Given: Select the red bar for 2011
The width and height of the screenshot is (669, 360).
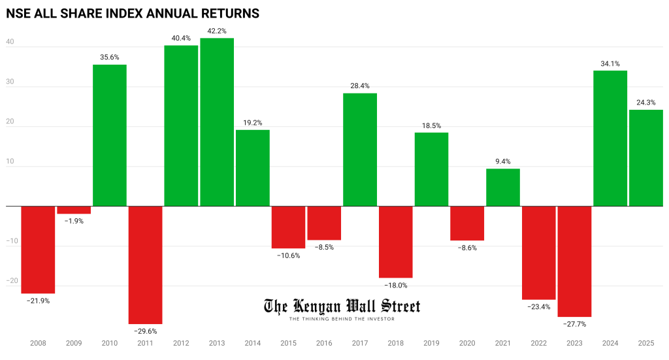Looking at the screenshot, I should [145, 265].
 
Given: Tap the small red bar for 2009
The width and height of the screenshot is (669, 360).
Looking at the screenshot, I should [74, 210].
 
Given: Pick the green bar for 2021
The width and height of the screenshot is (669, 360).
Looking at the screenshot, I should [503, 188].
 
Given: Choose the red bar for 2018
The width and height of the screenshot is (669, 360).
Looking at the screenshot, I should [396, 242].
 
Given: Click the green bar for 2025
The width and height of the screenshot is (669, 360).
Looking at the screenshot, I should [645, 157].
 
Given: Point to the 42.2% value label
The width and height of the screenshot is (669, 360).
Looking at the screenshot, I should [217, 30].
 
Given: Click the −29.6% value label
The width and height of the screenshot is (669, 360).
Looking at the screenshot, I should [145, 331].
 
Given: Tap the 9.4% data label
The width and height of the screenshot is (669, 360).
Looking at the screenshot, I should [503, 161].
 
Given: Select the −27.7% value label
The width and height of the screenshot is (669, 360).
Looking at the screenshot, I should [574, 324].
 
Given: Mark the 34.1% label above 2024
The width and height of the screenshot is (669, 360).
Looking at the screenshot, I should [610, 63].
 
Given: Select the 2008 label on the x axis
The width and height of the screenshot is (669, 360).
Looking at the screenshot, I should [38, 342].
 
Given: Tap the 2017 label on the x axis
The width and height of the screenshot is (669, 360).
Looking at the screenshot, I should [360, 342].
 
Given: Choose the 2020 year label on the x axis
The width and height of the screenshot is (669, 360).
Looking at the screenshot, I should [467, 342].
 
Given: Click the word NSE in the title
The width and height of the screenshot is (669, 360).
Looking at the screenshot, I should [20, 13].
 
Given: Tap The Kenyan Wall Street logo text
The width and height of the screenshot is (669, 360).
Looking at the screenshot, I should [342, 306].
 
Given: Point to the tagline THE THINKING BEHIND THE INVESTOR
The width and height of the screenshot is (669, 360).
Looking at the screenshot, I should [342, 318].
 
